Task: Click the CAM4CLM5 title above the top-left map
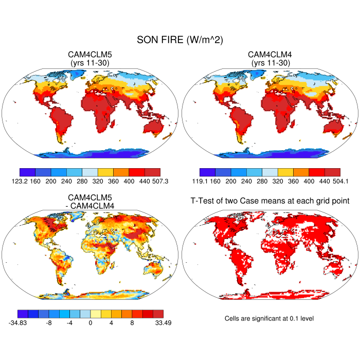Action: pyautogui.click(x=90, y=55)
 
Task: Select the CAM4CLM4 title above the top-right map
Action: pyautogui.click(x=269, y=55)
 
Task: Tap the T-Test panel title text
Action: pyautogui.click(x=269, y=200)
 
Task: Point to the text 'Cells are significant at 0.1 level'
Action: pyautogui.click(x=269, y=318)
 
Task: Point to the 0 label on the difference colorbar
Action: pyautogui.click(x=90, y=323)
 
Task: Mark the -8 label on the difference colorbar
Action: pyautogui.click(x=48, y=323)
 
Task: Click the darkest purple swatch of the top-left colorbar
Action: pyautogui.click(x=27, y=172)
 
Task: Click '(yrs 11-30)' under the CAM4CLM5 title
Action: pyautogui.click(x=90, y=63)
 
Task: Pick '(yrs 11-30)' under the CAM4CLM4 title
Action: pyautogui.click(x=269, y=63)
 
